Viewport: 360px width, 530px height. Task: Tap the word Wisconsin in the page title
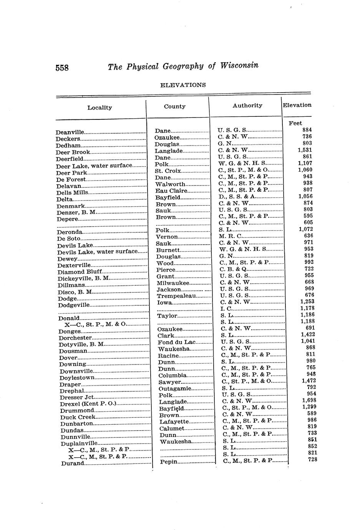[239, 65]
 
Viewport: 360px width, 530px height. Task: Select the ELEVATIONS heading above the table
[183, 85]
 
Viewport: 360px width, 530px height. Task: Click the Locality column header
[100, 108]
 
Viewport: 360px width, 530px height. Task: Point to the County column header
[175, 107]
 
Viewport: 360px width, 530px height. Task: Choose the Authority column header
[247, 106]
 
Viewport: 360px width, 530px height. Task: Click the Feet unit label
[295, 123]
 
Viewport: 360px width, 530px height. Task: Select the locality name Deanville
[70, 132]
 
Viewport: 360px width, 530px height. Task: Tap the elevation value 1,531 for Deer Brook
[305, 150]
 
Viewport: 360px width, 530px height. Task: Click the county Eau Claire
[171, 191]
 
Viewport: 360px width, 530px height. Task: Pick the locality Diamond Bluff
[80, 272]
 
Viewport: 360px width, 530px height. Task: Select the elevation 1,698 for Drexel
[309, 400]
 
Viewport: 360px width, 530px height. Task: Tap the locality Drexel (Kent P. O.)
[88, 404]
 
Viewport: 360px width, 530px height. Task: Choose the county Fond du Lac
[176, 342]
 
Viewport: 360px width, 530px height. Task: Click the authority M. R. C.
[231, 236]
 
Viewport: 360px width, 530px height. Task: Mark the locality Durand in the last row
[73, 464]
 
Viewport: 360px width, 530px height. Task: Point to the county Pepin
[168, 462]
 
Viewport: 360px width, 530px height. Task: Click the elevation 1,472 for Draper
[309, 381]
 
